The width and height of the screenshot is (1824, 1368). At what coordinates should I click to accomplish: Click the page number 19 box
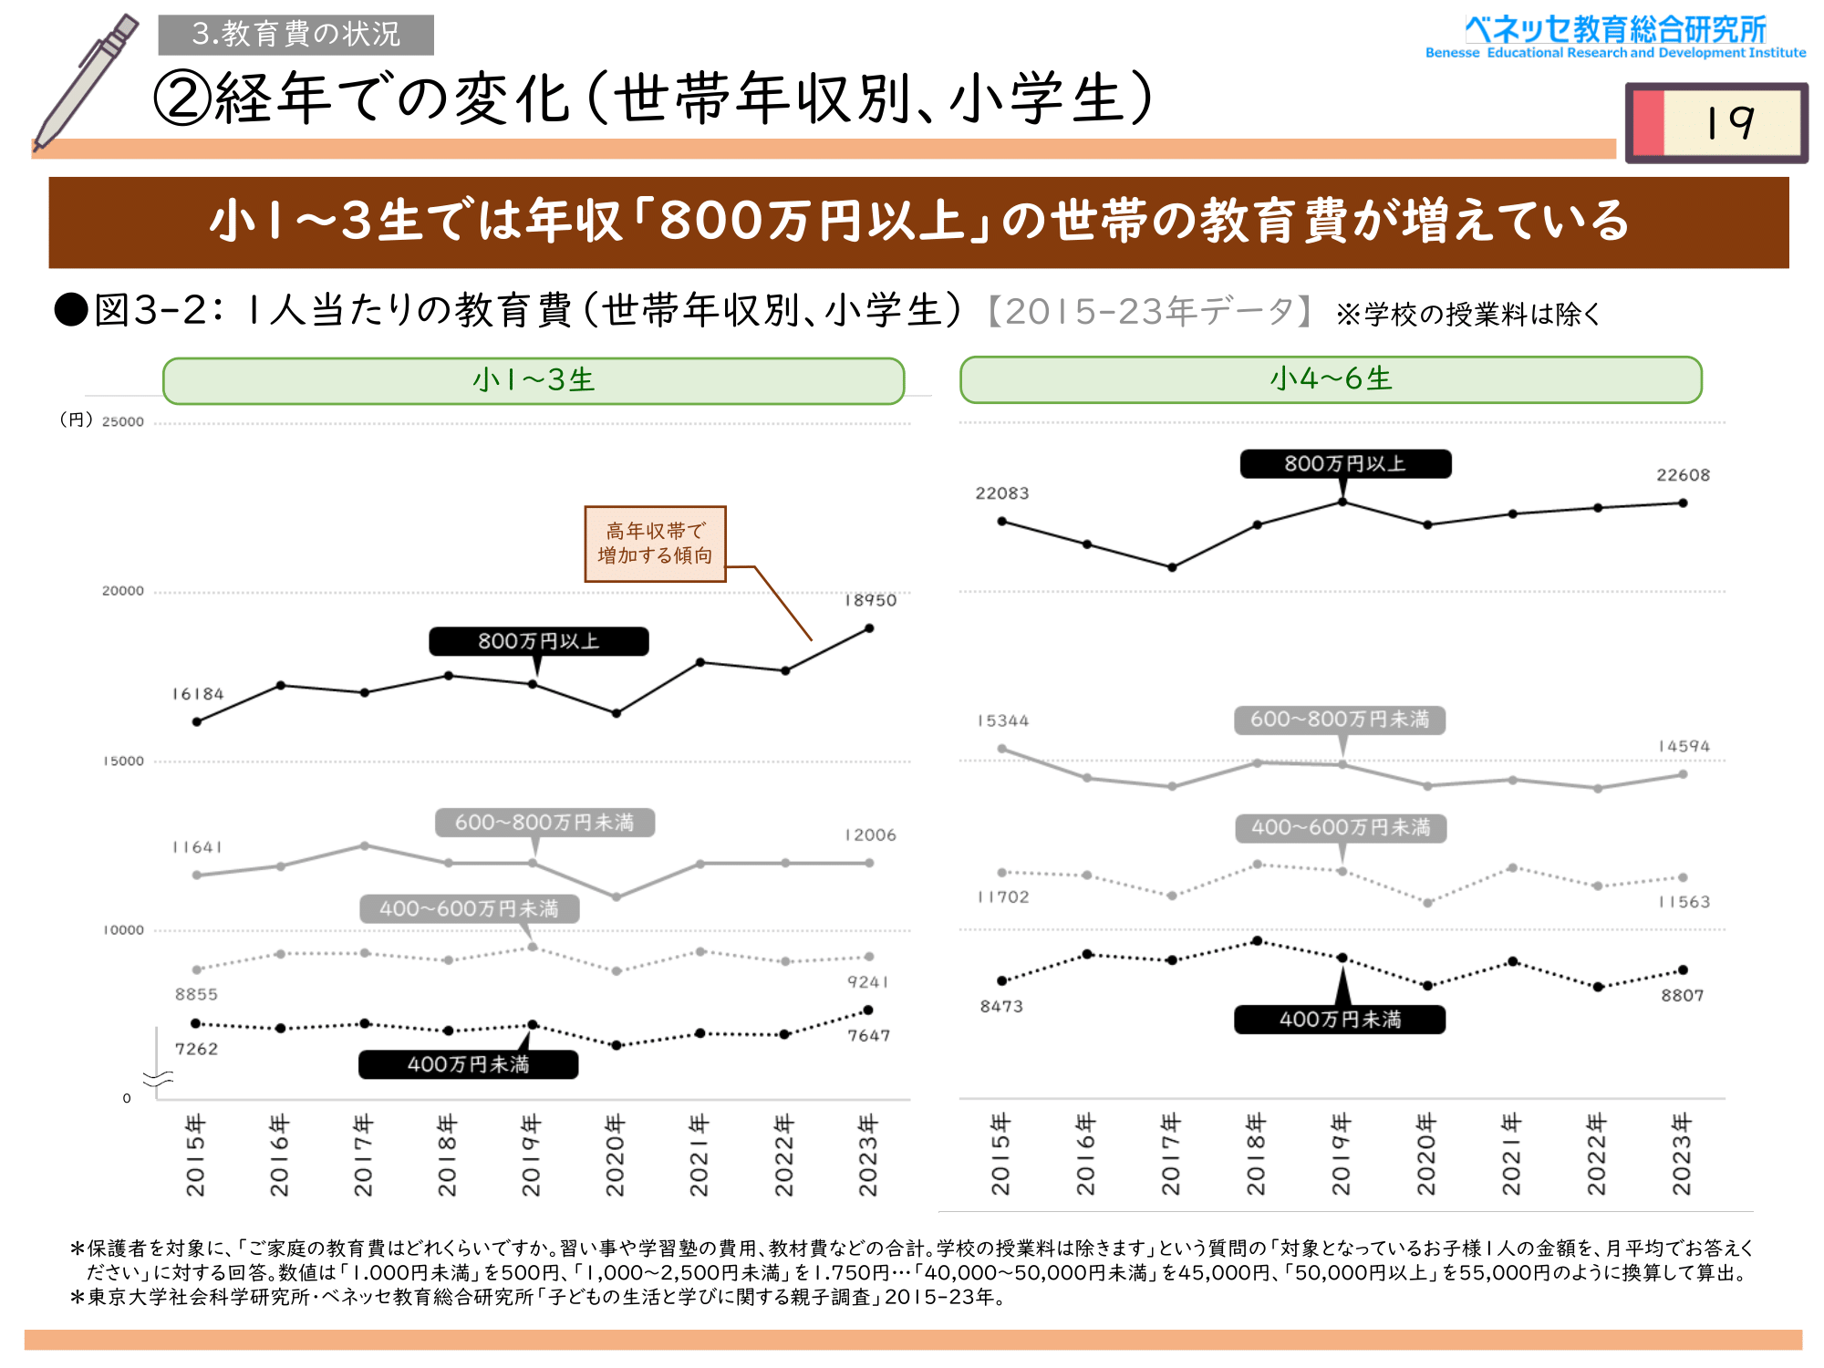click(1716, 122)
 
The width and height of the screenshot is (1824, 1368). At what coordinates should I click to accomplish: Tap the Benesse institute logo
click(1615, 37)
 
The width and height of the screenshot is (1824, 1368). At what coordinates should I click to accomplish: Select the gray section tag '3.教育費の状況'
click(295, 35)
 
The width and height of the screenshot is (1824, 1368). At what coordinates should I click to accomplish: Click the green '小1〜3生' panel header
click(534, 380)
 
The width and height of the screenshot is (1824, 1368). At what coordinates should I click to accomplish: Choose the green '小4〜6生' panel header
click(1331, 379)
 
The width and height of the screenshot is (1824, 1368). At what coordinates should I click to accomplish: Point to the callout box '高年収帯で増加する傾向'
click(655, 544)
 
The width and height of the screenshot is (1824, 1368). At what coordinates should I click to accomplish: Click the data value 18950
click(870, 600)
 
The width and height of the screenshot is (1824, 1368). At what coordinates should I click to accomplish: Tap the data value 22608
click(1683, 475)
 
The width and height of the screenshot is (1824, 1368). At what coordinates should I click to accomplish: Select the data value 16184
click(198, 694)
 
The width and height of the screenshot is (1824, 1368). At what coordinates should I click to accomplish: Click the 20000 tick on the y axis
click(123, 591)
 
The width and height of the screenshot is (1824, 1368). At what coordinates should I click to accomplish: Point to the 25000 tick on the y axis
click(123, 421)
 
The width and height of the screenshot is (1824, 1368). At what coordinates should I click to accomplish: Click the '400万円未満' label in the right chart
click(1340, 1020)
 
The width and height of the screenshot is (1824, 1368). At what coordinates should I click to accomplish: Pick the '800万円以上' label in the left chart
click(538, 641)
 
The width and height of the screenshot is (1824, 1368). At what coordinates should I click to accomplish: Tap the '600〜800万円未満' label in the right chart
click(1340, 720)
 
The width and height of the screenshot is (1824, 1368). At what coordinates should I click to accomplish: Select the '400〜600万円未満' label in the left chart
click(469, 908)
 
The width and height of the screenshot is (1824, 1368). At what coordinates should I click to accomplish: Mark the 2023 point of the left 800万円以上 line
click(869, 628)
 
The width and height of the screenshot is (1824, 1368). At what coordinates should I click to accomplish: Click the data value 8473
click(1001, 1006)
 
